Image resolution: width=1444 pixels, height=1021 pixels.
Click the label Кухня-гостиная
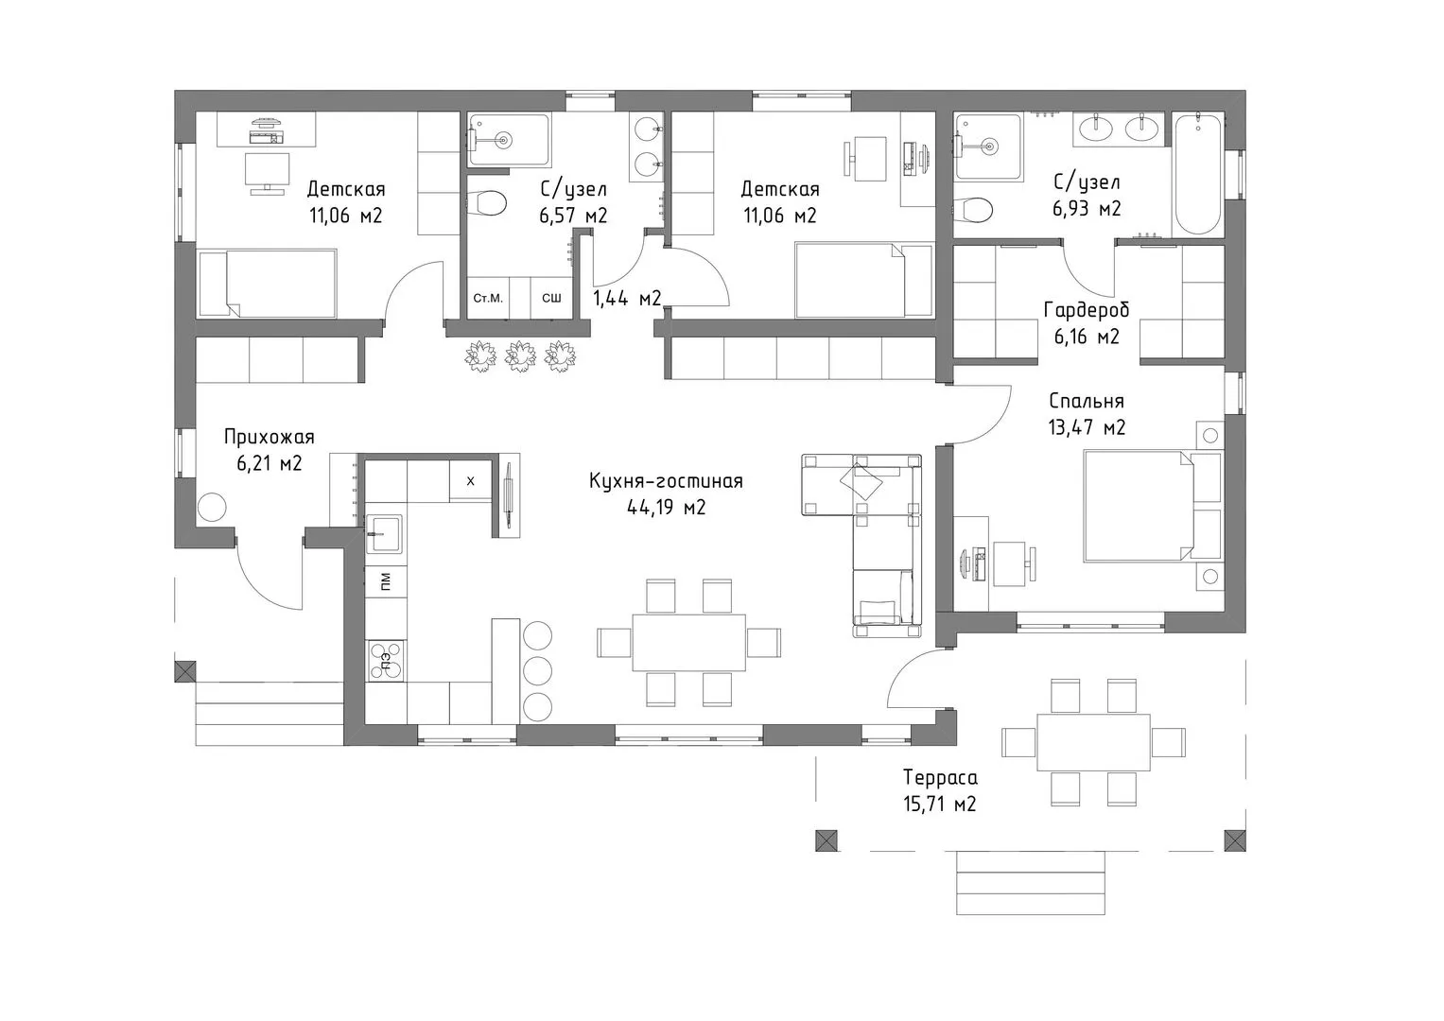point(666,481)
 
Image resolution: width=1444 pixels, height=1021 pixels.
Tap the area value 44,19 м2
point(666,508)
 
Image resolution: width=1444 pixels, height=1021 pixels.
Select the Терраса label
point(940,778)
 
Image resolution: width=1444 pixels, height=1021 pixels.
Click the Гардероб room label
point(1087,311)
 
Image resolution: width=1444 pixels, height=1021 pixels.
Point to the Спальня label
point(1087,401)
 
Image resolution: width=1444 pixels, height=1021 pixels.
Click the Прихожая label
point(269,437)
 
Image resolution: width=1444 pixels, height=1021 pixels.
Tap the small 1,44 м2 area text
point(627,298)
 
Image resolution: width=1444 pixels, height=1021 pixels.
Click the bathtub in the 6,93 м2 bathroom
point(1198,174)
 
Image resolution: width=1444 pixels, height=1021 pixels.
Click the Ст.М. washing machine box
point(488,298)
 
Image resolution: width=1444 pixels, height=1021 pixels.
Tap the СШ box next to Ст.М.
point(551,298)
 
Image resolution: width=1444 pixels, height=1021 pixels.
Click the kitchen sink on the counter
point(384,534)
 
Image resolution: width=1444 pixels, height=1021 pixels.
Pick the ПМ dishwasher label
point(386,582)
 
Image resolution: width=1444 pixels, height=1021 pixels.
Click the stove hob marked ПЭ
point(386,660)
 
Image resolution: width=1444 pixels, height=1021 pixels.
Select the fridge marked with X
point(471,481)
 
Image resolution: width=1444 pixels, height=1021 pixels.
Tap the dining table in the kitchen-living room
point(688,643)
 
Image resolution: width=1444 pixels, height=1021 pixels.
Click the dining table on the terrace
point(1093,742)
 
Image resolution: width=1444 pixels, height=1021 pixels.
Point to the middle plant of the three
point(519,355)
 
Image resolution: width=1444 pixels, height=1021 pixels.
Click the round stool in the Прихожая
point(212,508)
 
